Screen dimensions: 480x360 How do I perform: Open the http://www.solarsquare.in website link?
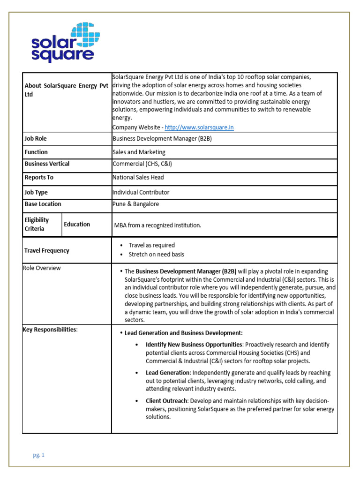[199, 127]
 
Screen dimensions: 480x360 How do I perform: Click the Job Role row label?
[36, 139]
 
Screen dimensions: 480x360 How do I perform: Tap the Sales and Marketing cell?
[139, 152]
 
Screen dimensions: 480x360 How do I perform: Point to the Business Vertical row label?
[47, 164]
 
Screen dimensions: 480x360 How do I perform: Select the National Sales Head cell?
[138, 178]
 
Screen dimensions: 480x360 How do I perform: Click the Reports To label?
[39, 178]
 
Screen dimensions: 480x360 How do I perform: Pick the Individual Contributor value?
[141, 192]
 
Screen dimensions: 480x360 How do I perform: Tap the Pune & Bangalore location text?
[136, 204]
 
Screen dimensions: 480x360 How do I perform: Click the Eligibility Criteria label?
[37, 224]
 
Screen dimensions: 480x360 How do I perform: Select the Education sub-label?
[77, 224]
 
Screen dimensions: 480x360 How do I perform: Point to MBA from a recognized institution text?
[158, 225]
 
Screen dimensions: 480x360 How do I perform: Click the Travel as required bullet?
[152, 245]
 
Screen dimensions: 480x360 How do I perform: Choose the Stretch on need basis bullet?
[157, 255]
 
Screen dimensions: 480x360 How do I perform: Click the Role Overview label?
[42, 268]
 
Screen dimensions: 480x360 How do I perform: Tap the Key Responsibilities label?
[50, 330]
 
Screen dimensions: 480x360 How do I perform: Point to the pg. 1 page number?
[38, 455]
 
